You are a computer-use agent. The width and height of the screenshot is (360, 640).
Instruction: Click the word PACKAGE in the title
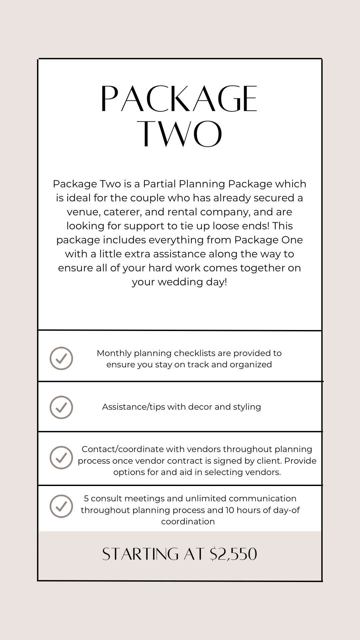click(x=179, y=99)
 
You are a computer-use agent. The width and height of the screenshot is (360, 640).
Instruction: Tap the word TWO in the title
click(x=180, y=134)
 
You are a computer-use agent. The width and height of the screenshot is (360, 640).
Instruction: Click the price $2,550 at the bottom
click(x=233, y=554)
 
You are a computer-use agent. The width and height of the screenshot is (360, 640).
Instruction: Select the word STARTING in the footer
click(x=140, y=554)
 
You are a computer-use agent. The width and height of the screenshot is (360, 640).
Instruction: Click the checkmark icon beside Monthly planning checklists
click(x=61, y=358)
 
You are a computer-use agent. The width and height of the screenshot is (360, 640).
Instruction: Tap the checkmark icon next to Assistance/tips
click(x=61, y=407)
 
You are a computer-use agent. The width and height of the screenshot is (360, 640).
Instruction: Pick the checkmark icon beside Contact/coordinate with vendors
click(x=61, y=458)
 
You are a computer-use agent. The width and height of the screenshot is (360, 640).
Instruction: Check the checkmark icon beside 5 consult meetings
click(x=61, y=506)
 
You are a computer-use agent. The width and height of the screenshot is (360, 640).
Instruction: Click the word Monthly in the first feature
click(x=114, y=353)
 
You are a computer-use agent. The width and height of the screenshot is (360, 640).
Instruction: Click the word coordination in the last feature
click(x=188, y=521)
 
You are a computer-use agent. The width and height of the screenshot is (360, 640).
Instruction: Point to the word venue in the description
click(x=83, y=212)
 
